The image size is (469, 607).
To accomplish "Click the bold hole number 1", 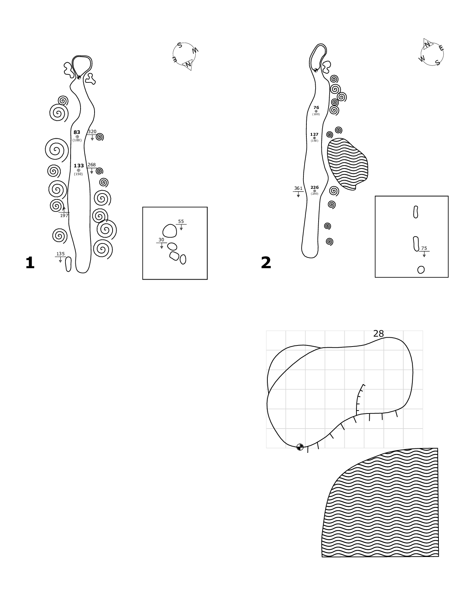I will (x=30, y=263).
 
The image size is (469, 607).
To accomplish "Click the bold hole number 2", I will (x=266, y=263).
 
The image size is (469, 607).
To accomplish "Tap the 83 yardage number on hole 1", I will (x=77, y=132).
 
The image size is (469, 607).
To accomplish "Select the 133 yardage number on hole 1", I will (x=79, y=166).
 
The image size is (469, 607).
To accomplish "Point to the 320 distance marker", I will (x=92, y=132).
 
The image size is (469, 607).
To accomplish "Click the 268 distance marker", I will (x=92, y=165).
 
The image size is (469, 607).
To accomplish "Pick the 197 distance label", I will (x=64, y=216).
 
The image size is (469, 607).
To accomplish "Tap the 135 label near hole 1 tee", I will (x=60, y=254).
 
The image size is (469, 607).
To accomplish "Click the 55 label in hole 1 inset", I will (x=181, y=221).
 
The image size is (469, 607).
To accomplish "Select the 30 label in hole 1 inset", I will (x=161, y=240).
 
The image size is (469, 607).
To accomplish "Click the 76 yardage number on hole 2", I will (x=316, y=108).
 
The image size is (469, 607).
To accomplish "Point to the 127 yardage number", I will (x=314, y=135).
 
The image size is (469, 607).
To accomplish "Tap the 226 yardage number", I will (x=315, y=188).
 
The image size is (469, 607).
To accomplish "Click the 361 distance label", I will (x=298, y=188).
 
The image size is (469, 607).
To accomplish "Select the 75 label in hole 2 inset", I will (x=424, y=248).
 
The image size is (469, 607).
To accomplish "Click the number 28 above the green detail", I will (x=379, y=334).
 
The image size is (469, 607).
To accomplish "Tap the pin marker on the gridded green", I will (x=300, y=447).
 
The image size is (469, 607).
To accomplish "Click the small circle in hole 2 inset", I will (x=421, y=270).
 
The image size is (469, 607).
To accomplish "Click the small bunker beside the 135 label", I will (x=68, y=264).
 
